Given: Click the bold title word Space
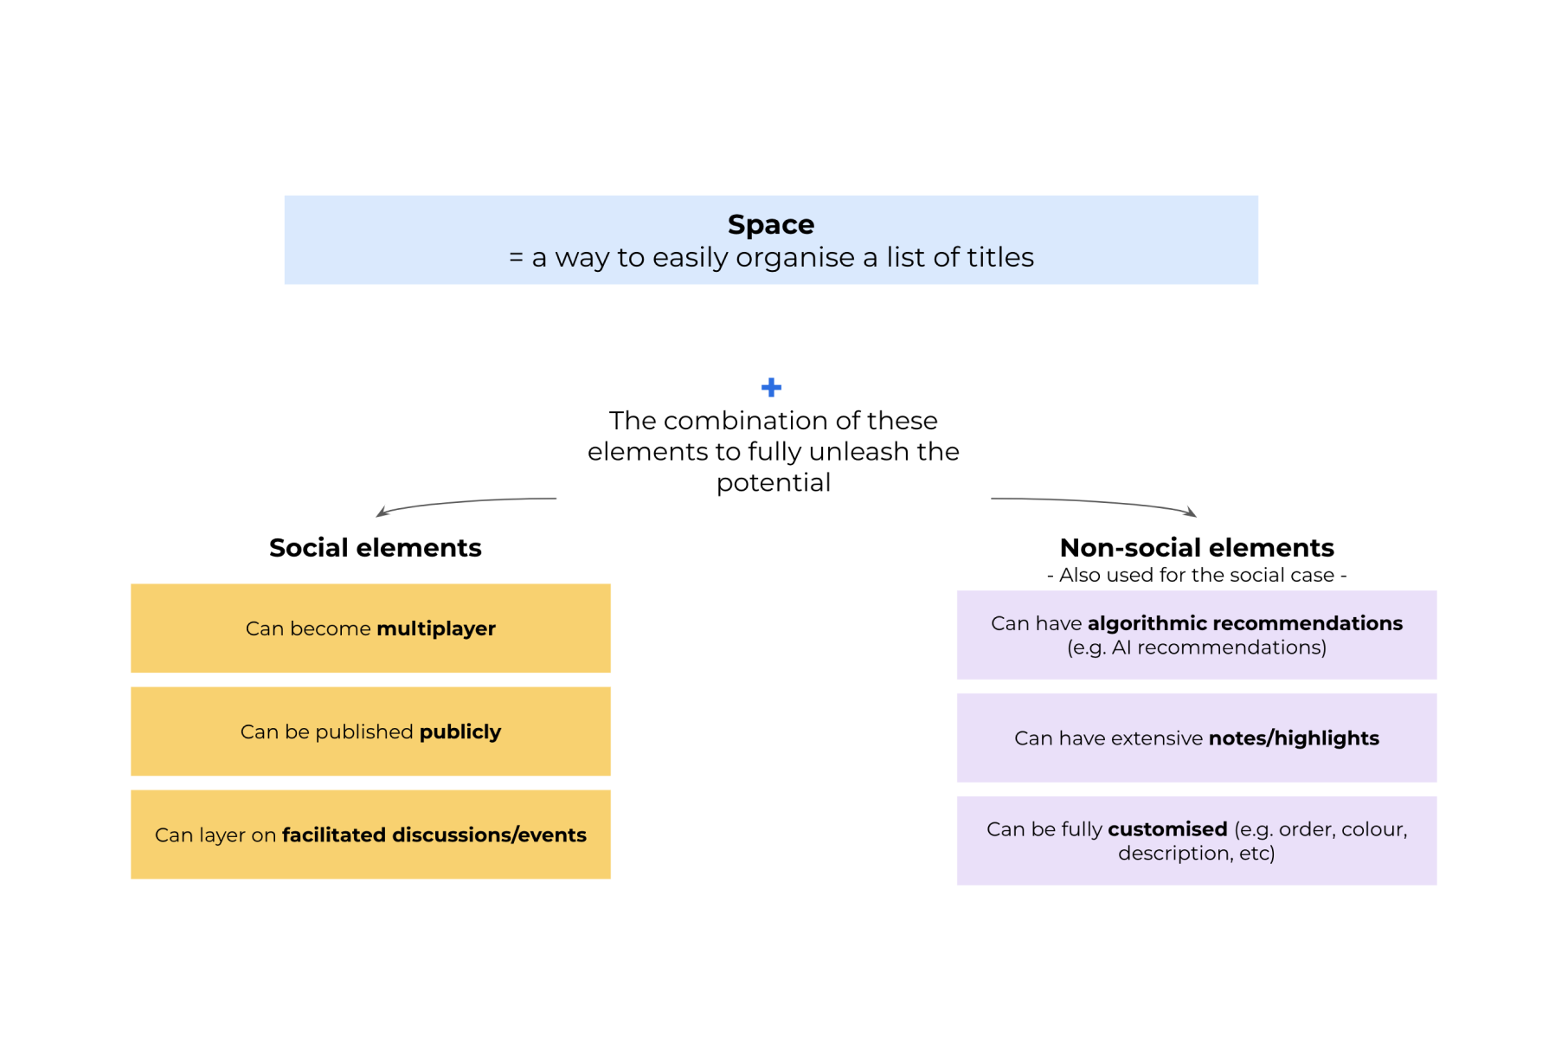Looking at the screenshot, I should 770,225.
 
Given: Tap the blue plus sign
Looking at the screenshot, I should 771,387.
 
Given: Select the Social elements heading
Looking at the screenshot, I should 375,548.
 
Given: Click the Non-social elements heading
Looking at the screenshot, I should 1196,548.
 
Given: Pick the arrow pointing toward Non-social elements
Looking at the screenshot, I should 1094,503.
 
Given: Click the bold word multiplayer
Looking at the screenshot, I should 435,628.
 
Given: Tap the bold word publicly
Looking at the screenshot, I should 459,732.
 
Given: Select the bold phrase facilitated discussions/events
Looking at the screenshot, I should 434,835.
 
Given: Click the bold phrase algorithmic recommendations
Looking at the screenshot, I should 1244,623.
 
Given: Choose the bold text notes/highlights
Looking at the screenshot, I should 1293,738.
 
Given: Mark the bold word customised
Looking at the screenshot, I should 1167,829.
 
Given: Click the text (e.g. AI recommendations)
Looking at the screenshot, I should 1196,648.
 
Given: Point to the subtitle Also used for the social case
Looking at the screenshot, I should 1196,575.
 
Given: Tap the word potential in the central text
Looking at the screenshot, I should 773,483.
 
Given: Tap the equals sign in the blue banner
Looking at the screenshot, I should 516,258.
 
